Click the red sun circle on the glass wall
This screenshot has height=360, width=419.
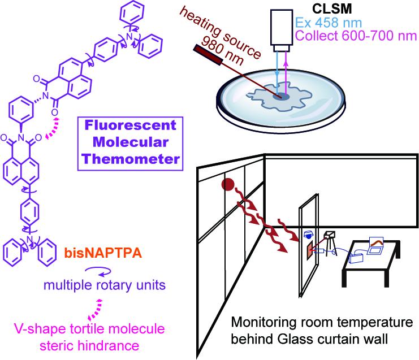(x=228, y=184)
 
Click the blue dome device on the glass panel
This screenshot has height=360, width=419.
(x=308, y=233)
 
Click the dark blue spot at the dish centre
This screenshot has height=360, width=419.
(x=281, y=97)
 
